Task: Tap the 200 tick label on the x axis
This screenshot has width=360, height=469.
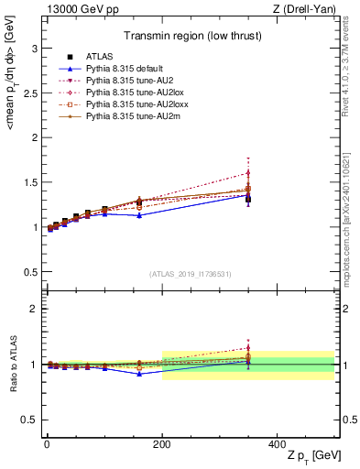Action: pyautogui.click(x=162, y=444)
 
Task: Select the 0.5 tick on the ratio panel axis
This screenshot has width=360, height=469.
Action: pyautogui.click(x=29, y=420)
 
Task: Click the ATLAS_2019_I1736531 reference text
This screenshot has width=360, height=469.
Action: pyautogui.click(x=190, y=274)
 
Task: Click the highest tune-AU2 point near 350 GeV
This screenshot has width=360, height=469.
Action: pyautogui.click(x=248, y=172)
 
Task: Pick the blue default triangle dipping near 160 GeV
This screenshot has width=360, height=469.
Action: pyautogui.click(x=139, y=215)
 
